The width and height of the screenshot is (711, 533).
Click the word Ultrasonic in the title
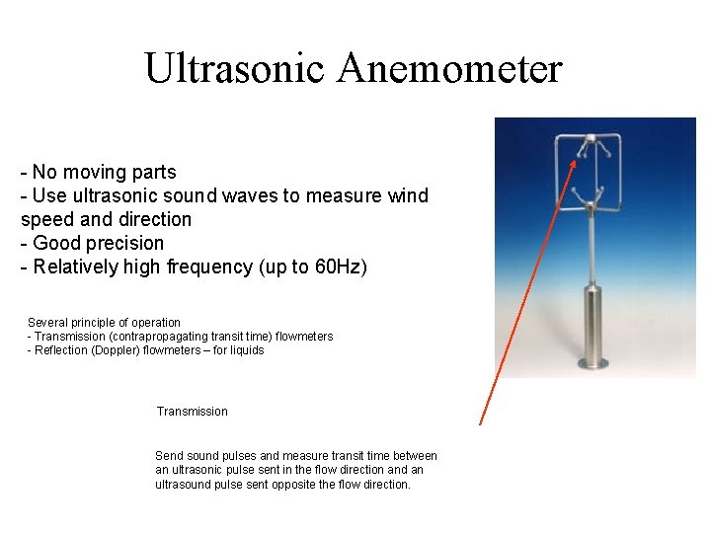coord(234,68)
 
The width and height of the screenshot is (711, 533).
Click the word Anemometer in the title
coord(449,68)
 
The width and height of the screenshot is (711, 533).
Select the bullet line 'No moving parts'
coord(99,172)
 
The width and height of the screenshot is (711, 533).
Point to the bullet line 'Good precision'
coord(93,243)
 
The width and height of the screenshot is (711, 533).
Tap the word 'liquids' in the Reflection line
coord(245,350)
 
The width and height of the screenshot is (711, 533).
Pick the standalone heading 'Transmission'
coord(192,412)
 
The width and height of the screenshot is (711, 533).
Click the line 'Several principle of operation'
coord(104,323)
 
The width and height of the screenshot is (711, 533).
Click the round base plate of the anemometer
coord(594,363)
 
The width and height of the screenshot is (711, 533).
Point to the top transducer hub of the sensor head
coord(589,142)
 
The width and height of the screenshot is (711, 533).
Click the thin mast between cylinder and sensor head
coord(592,247)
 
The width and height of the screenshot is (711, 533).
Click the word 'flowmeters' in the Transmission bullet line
coord(304,337)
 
